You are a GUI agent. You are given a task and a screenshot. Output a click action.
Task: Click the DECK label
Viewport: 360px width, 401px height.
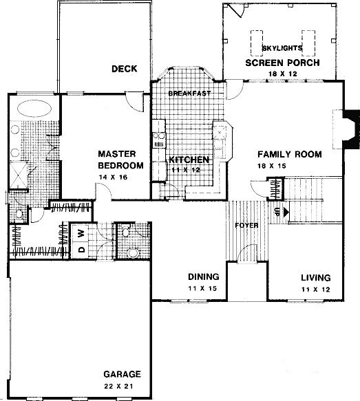(125, 69)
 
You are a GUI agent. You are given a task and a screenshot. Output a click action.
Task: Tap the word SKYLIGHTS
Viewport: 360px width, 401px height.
(282, 48)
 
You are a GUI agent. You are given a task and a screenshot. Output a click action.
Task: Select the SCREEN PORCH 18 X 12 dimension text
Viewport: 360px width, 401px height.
(283, 74)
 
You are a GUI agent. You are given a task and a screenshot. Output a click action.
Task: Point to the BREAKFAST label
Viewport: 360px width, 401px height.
(189, 94)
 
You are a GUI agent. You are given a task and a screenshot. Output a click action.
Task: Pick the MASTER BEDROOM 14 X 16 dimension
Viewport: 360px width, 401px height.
(113, 177)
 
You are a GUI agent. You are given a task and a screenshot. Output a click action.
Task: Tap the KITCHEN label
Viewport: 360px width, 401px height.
(189, 160)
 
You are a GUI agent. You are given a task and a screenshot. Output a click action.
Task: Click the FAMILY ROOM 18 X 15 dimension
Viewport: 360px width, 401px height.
(272, 166)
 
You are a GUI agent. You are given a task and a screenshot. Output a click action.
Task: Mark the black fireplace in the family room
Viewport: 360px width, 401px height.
(351, 129)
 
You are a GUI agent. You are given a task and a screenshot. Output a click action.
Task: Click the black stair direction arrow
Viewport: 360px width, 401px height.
(286, 212)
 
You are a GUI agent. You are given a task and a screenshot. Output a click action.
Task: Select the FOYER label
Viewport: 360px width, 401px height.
(246, 226)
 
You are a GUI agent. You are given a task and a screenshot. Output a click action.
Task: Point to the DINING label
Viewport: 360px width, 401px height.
(204, 277)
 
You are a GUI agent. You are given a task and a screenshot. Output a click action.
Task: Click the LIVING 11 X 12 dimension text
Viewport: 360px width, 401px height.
(316, 290)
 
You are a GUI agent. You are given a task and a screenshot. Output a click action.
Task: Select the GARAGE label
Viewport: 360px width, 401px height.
(122, 374)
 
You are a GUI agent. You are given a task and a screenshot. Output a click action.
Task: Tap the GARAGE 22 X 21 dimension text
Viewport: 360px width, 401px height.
(118, 386)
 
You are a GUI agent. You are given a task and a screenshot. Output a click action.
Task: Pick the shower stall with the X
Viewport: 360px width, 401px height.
(18, 175)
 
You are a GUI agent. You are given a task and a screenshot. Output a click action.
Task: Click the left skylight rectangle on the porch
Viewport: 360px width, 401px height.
(257, 43)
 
